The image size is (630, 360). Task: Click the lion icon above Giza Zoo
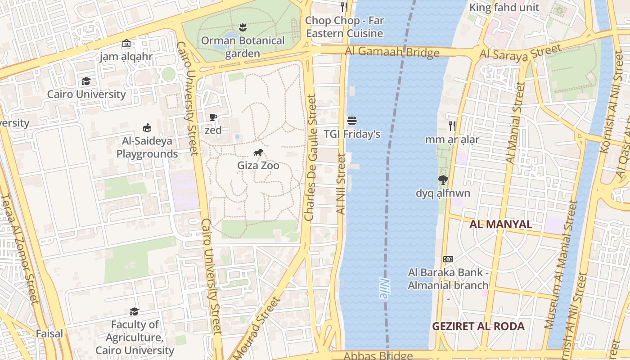click(258, 153)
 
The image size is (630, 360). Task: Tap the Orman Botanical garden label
click(243, 47)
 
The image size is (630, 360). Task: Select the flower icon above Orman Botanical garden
click(243, 27)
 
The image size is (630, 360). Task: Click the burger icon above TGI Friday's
click(352, 121)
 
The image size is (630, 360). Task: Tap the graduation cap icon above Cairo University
click(86, 81)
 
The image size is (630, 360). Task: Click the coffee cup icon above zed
click(213, 117)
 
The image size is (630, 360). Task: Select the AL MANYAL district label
click(500, 224)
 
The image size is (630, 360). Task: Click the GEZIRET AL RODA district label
click(478, 326)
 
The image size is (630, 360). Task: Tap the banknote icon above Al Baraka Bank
click(448, 259)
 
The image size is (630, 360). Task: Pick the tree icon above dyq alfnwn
click(443, 180)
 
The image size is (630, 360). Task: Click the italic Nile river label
click(383, 288)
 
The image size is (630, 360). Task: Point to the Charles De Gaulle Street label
click(310, 157)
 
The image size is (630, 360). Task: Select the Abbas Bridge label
click(378, 355)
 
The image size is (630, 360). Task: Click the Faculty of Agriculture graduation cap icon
click(134, 311)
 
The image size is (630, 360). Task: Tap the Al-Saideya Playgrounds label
click(147, 148)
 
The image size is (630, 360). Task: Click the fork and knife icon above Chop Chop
click(344, 7)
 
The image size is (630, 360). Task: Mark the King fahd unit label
click(504, 8)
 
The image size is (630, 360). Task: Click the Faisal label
click(49, 333)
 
